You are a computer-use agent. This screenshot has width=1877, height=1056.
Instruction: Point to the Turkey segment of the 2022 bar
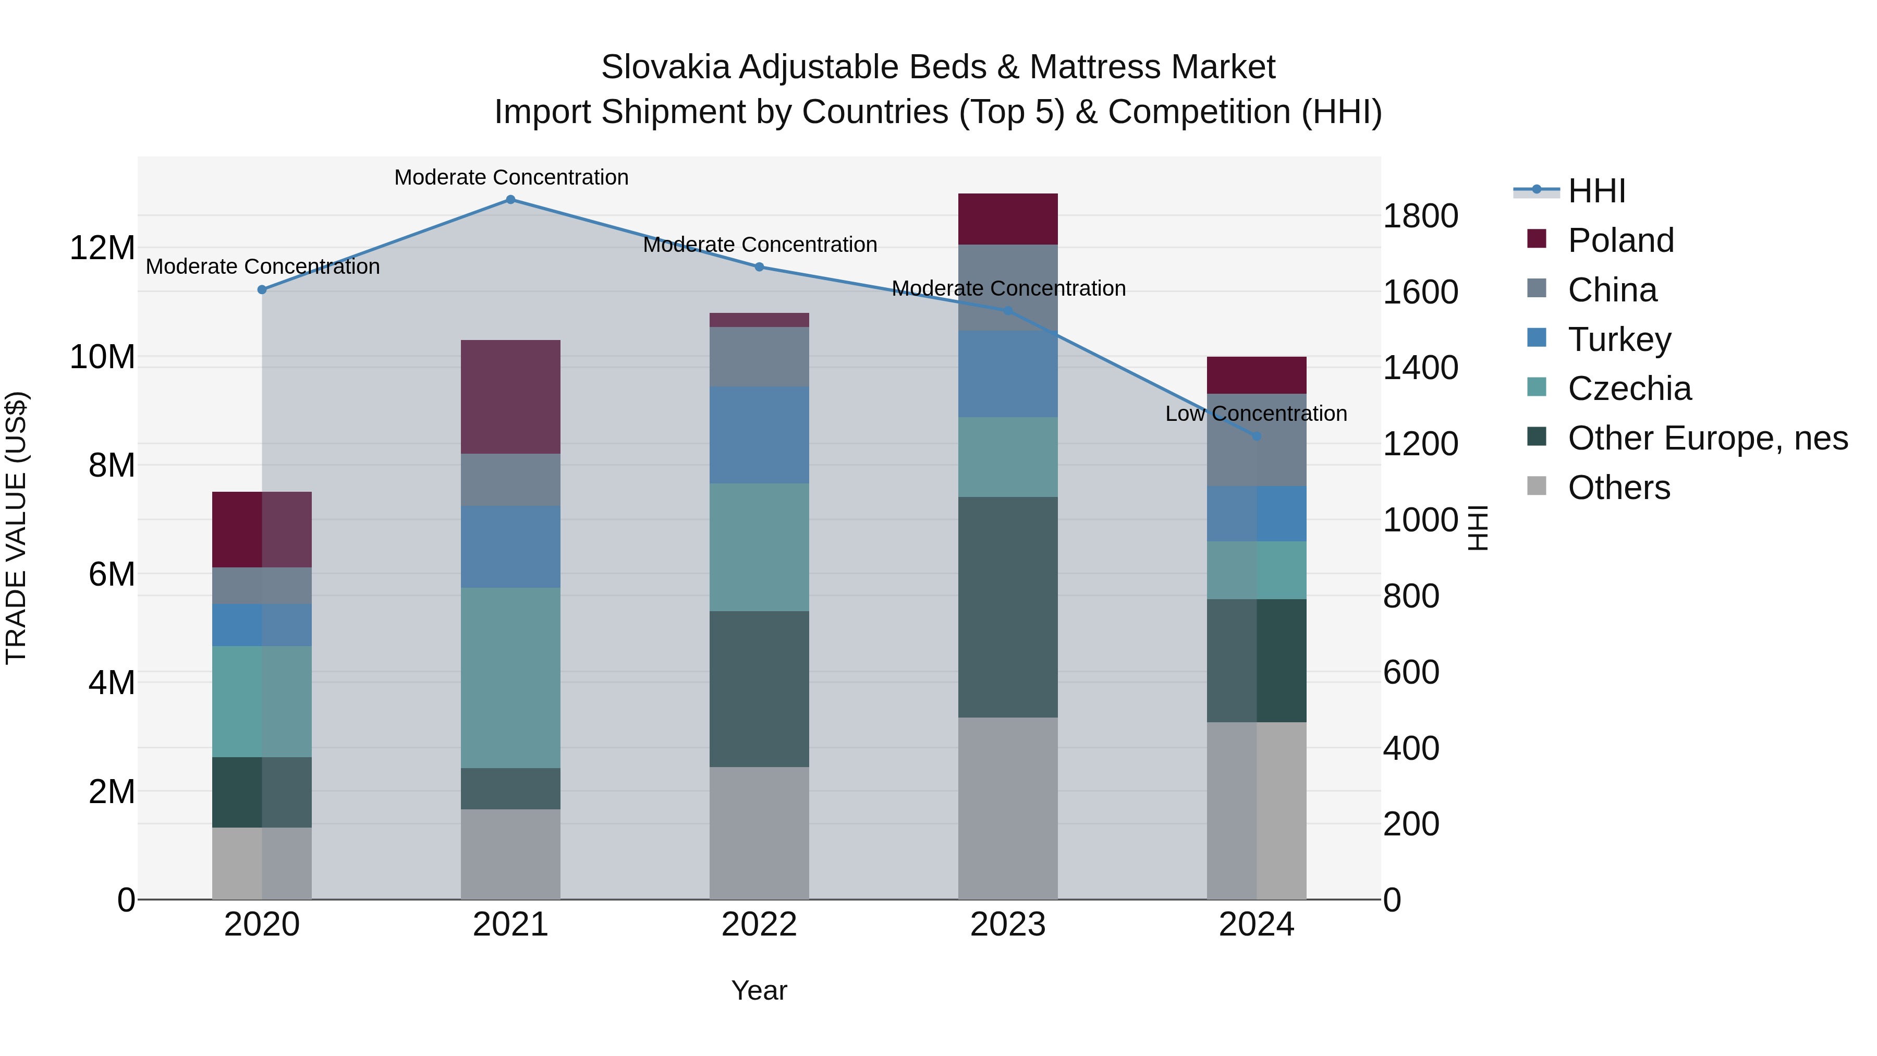759,434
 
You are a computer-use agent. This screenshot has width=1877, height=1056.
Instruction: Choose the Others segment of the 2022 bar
759,832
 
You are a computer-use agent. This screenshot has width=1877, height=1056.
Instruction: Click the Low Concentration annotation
1256,414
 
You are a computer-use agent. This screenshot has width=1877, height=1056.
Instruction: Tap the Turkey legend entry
1619,339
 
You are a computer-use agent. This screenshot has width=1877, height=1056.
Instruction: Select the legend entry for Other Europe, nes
1707,438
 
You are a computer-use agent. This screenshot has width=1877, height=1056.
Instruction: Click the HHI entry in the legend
1596,191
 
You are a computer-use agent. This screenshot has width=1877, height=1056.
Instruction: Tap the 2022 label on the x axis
759,925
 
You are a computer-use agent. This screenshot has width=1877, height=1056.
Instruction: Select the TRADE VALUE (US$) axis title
16,528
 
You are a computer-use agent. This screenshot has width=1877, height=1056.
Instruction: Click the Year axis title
759,990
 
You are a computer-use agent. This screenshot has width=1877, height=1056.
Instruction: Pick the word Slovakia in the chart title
665,67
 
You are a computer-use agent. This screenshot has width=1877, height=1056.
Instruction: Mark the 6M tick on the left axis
112,574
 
